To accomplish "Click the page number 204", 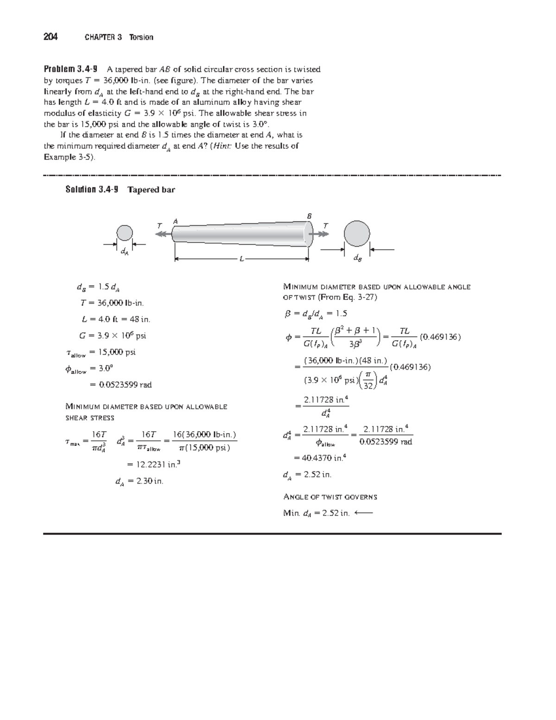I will coord(51,37).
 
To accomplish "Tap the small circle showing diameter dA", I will coord(124,233).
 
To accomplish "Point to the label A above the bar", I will coord(175,222).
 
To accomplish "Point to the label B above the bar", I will coord(310,216).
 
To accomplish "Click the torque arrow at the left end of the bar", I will coord(163,235).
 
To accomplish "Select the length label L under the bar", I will coord(241,259).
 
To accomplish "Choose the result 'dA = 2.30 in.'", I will coord(139,481).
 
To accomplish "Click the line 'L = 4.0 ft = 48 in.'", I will coord(116,319).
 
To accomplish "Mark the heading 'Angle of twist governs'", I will coord(330,497).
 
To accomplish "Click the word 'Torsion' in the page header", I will coord(141,37).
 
